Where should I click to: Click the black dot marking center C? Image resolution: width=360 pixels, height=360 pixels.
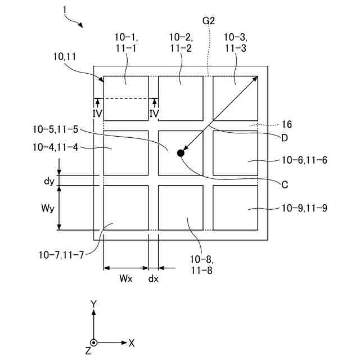(x=181, y=153)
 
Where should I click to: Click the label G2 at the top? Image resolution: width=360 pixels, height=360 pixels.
(x=209, y=20)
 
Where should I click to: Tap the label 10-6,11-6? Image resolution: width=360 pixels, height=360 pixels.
(x=304, y=160)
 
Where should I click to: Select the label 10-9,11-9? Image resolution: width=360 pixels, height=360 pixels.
(x=304, y=208)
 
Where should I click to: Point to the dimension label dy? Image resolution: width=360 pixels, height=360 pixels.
(x=48, y=182)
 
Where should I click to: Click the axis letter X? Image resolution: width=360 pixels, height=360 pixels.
(x=132, y=342)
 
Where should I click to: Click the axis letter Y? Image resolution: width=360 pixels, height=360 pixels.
(x=94, y=304)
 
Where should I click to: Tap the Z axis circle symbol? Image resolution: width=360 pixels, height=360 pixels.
(x=94, y=343)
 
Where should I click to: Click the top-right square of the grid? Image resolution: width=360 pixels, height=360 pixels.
(x=235, y=98)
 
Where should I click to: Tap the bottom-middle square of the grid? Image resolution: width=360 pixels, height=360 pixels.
(x=181, y=208)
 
